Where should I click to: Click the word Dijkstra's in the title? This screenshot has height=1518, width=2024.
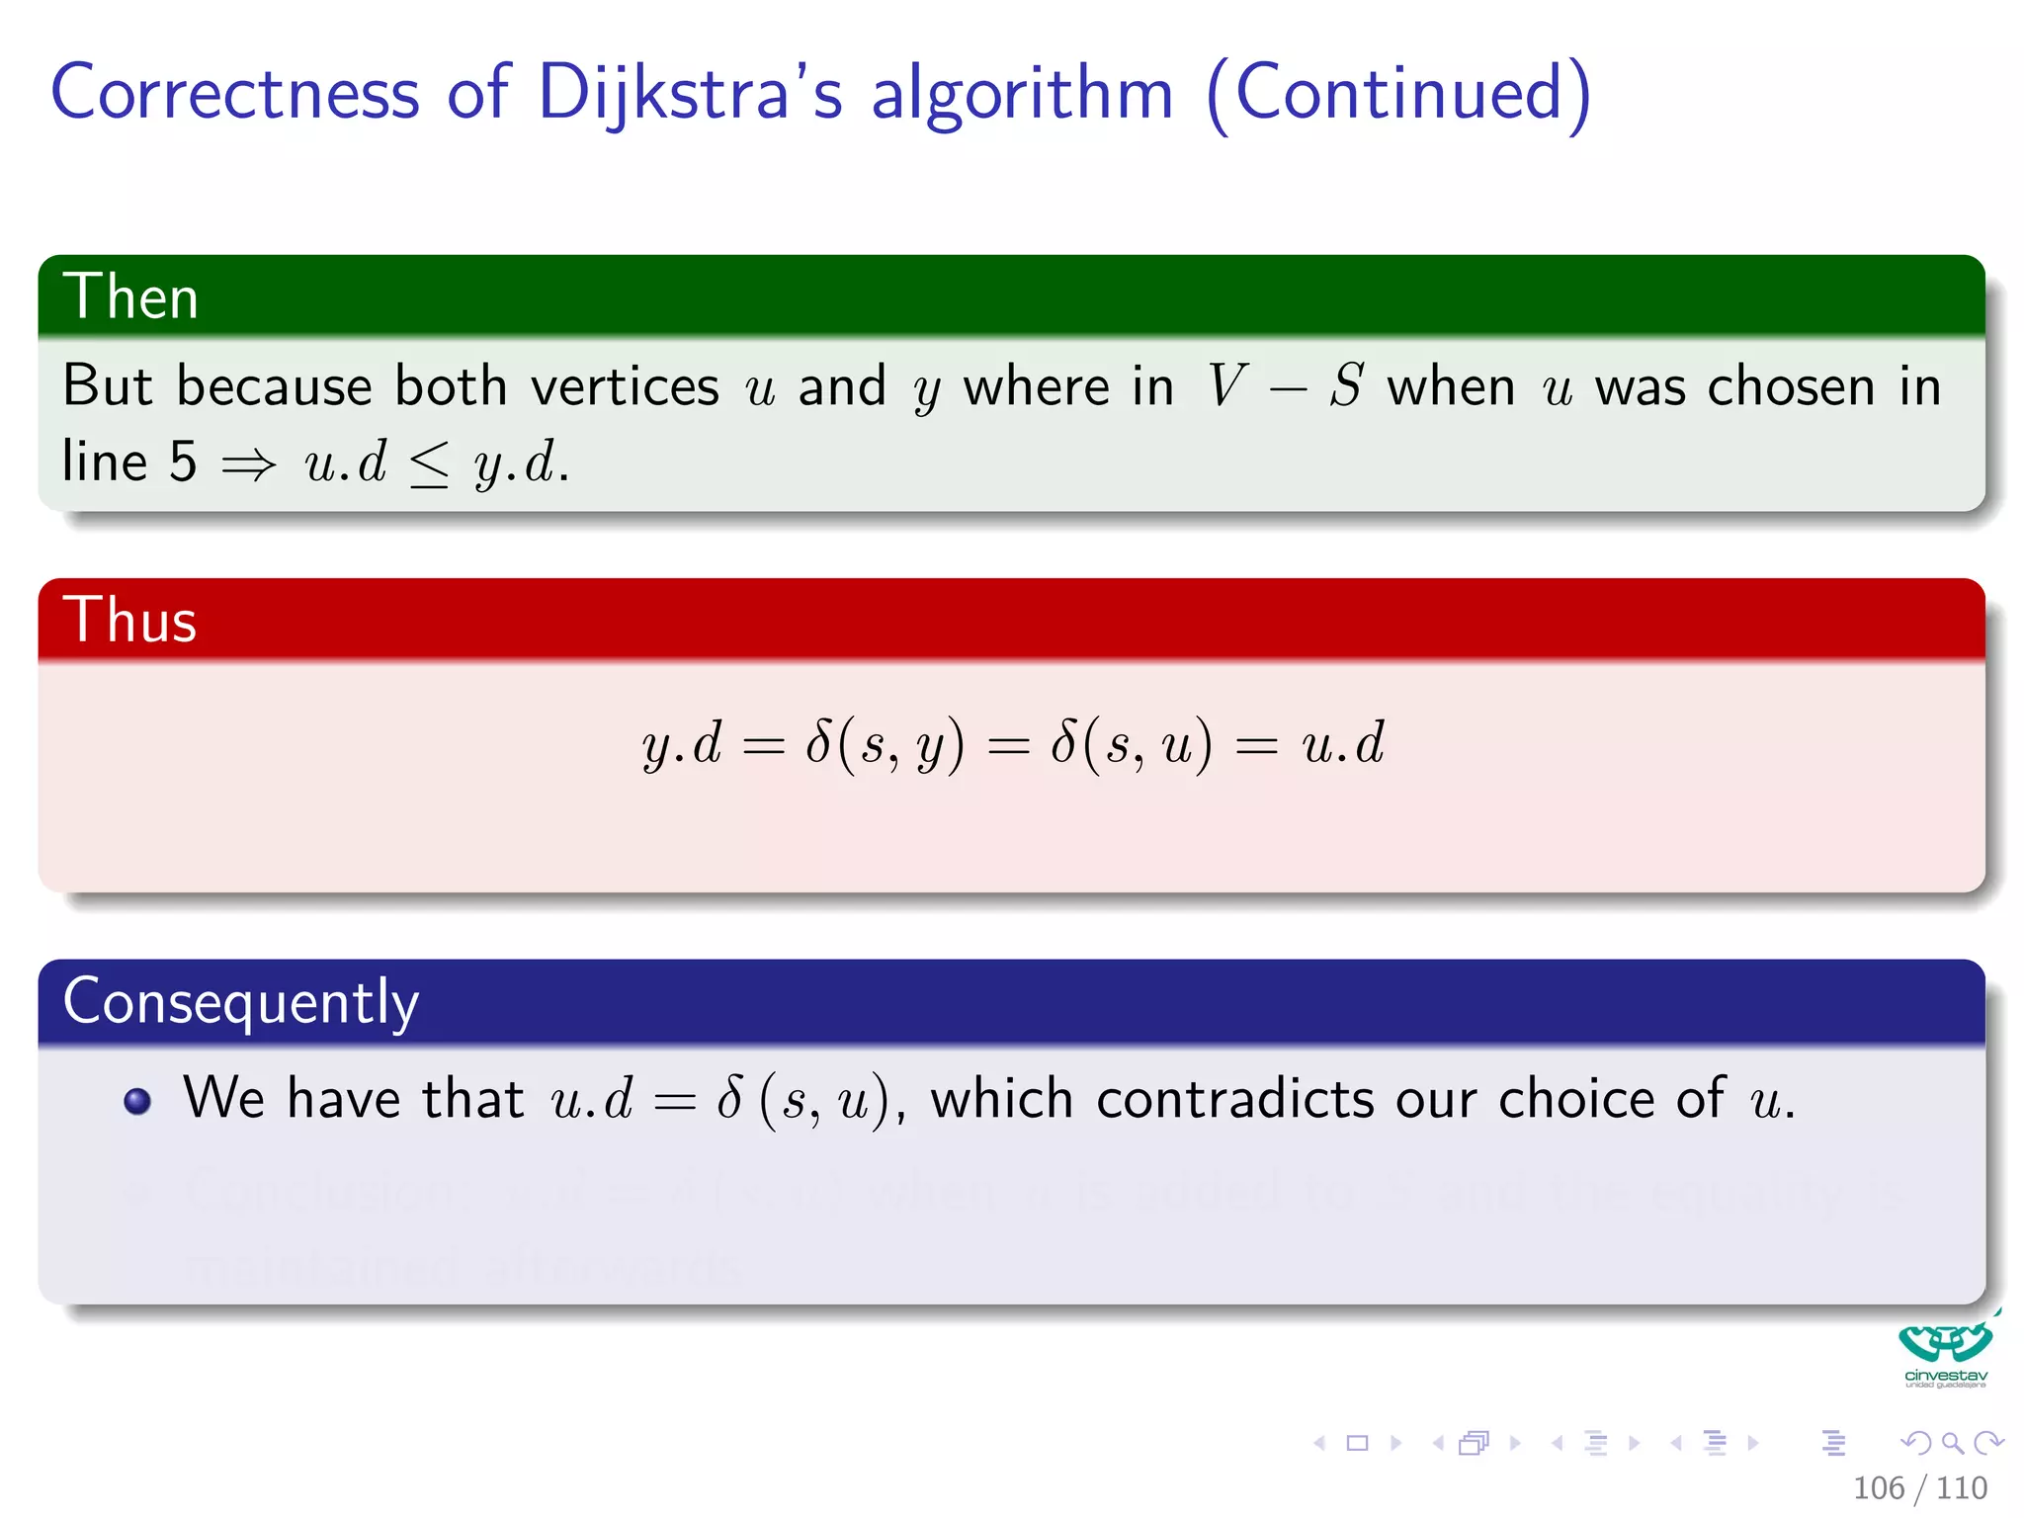point(690,93)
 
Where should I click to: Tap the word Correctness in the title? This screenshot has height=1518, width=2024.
point(235,93)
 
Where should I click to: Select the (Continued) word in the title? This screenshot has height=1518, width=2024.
point(1398,93)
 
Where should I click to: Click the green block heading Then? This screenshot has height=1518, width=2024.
point(130,296)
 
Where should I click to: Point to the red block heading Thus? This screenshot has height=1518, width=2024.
point(129,620)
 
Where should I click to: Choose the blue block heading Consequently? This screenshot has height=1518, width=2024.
point(240,1001)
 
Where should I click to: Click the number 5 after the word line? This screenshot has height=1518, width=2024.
point(183,462)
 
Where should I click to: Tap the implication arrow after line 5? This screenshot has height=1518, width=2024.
point(248,464)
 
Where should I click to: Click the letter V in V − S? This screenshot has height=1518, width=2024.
point(1226,385)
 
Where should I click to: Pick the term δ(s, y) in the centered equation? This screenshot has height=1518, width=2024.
point(884,743)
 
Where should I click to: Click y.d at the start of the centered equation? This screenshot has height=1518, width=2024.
point(682,743)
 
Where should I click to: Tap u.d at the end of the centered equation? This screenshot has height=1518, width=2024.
point(1343,743)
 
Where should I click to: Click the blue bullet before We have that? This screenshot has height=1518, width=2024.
point(137,1101)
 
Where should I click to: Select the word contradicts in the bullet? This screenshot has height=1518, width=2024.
point(1234,1098)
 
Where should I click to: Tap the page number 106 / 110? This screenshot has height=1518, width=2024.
point(1919,1487)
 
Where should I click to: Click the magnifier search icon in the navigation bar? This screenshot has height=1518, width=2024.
point(1952,1443)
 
